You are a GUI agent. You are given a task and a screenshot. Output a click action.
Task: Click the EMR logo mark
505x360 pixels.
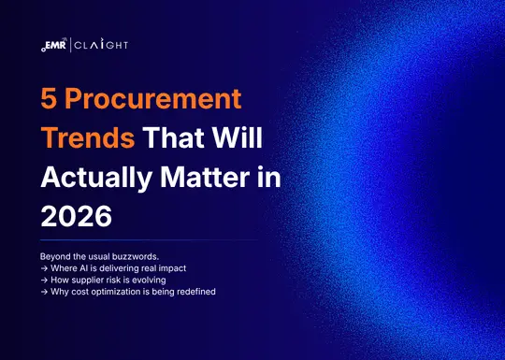coord(54,45)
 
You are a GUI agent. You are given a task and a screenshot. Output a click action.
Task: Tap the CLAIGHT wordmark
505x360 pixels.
coord(100,45)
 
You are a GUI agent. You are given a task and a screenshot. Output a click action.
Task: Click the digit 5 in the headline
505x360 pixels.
coord(50,99)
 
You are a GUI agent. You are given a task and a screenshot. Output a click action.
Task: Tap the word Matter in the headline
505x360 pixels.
coord(209,178)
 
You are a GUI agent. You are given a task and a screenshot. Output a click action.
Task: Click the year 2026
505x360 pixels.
coord(76,217)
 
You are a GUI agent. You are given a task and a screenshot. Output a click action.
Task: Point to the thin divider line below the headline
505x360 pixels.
coord(150,240)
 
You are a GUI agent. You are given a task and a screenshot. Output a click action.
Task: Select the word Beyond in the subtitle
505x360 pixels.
coord(57,256)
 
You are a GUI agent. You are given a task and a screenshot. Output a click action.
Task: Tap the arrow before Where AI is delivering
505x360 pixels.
coord(45,267)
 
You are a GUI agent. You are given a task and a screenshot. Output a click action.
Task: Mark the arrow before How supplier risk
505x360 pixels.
coord(45,279)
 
